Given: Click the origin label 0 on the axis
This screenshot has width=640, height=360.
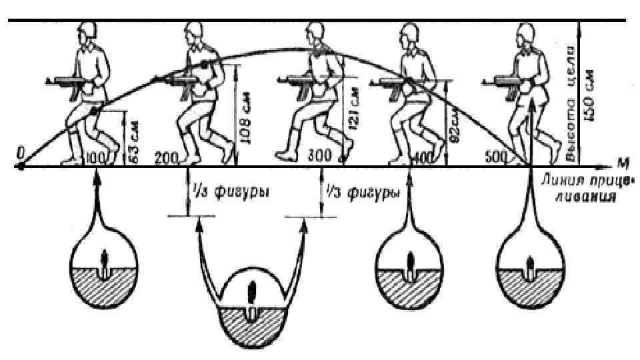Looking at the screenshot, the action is point(21,153).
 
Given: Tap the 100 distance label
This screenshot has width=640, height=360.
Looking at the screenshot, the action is point(96,158).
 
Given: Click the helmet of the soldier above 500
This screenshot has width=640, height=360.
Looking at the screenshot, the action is point(523,30).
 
